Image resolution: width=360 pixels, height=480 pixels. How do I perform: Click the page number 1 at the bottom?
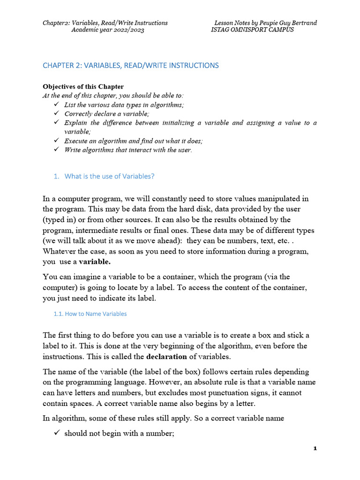315,449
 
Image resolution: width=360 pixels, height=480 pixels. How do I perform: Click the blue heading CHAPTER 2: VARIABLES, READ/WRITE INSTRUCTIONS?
131,66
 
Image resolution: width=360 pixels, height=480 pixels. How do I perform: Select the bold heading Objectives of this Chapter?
83,86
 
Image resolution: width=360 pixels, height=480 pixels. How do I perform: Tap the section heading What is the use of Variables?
109,176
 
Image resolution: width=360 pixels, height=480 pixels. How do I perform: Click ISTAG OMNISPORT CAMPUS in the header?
253,30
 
